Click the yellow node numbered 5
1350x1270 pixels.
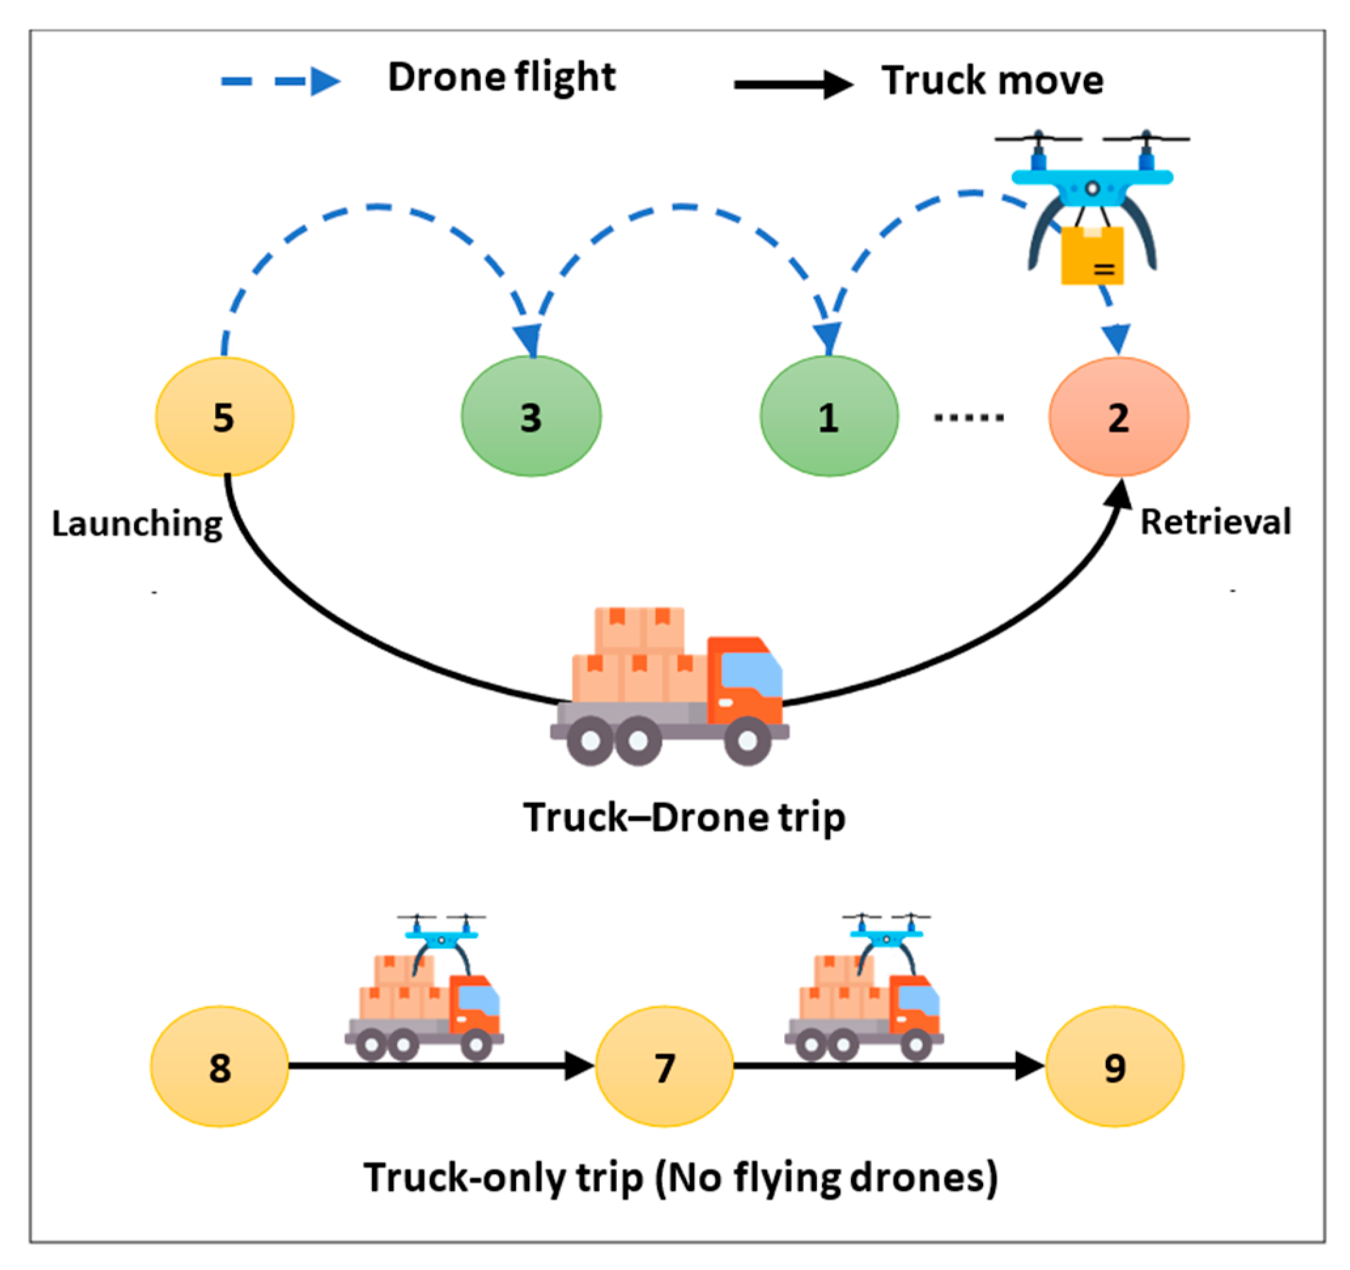tap(225, 417)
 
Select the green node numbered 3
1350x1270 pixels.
tap(531, 417)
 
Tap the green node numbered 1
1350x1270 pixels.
tap(829, 417)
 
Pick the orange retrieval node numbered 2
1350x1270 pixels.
tap(1118, 417)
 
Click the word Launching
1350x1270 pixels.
tap(137, 524)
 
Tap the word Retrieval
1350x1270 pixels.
tap(1215, 523)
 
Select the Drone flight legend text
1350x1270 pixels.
tap(501, 77)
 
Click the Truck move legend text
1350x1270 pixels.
tap(992, 81)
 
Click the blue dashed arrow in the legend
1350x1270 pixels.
tap(281, 82)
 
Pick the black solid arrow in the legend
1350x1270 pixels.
tap(793, 84)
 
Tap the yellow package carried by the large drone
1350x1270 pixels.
tap(1092, 256)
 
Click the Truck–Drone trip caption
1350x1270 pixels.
tap(684, 817)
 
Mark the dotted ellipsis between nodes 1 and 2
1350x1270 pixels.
tap(969, 417)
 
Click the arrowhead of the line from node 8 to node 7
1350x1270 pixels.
tap(579, 1065)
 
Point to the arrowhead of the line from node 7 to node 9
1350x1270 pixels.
tap(1029, 1065)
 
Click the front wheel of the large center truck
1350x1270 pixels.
tap(747, 741)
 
